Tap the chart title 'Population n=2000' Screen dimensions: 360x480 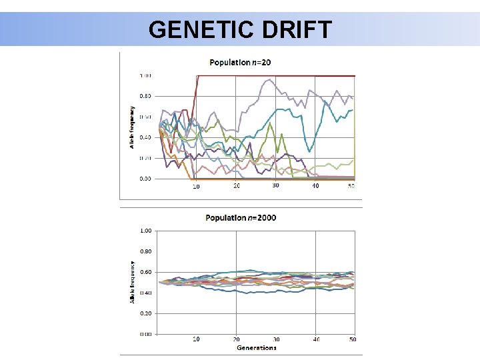(241, 217)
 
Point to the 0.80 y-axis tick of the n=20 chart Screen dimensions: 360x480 (145, 96)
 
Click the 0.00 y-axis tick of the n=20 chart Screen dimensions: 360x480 (145, 179)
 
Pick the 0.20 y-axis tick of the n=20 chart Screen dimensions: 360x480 (145, 158)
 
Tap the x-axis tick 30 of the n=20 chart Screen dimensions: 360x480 (275, 185)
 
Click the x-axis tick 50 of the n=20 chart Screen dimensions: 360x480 (351, 186)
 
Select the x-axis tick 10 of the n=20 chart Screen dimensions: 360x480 (196, 187)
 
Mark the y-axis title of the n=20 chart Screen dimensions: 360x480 (132, 127)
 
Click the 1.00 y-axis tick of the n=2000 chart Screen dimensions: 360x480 (145, 231)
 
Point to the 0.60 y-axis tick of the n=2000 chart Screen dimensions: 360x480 (145, 272)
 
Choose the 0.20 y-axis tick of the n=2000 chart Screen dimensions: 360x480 (145, 313)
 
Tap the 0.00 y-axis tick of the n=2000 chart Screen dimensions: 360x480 (145, 334)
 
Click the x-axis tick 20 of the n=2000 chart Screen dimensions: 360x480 (236, 339)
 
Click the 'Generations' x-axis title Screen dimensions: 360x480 (255, 347)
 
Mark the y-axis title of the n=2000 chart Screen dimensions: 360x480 (132, 282)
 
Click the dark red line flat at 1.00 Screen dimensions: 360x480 (280, 76)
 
